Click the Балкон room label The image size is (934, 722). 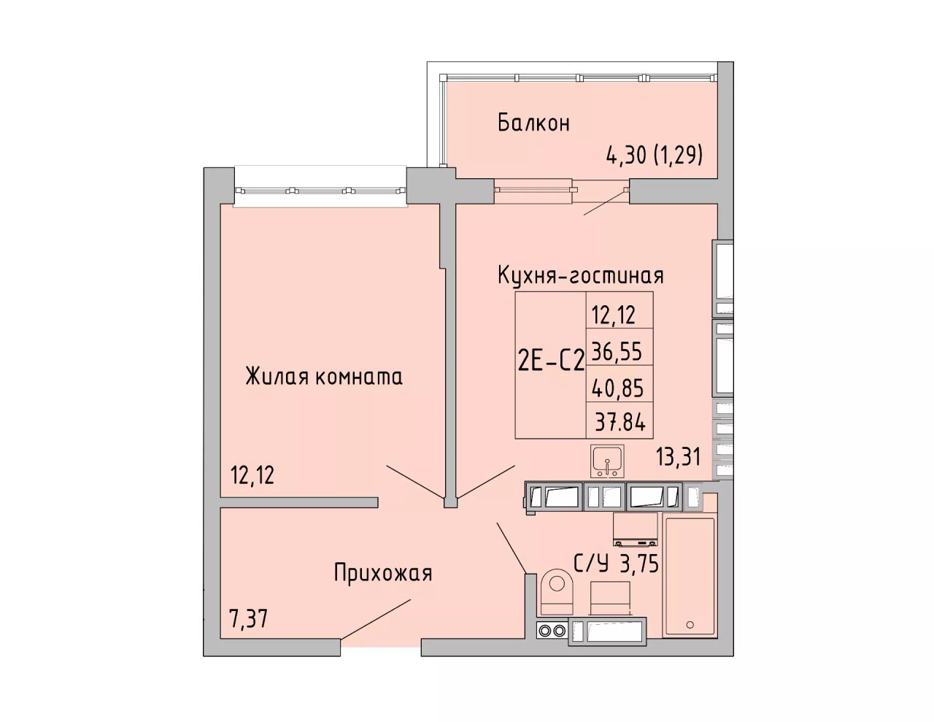(534, 123)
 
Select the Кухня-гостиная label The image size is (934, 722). (581, 275)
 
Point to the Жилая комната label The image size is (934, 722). (324, 377)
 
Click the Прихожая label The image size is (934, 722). (383, 574)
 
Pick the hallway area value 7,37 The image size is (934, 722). (249, 620)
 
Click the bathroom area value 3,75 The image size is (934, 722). (639, 563)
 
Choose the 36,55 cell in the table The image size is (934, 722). (617, 351)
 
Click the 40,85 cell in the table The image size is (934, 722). (617, 388)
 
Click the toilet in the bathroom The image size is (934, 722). (557, 592)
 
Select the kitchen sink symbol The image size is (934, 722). (607, 462)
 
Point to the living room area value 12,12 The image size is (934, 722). (252, 475)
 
